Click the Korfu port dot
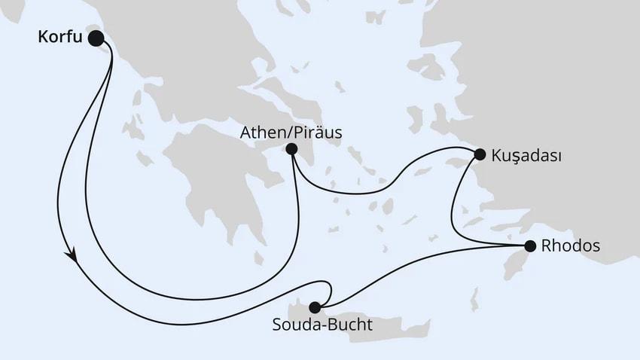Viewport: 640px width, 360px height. tap(96, 38)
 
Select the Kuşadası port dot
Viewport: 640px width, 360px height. tap(479, 155)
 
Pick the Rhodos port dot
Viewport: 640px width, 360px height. tap(530, 246)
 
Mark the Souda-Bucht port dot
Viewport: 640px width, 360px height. tap(315, 307)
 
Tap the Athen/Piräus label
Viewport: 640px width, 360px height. tap(291, 133)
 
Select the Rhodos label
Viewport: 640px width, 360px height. tap(571, 246)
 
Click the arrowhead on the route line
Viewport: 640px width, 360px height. tap(73, 256)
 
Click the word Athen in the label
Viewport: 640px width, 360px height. tap(261, 133)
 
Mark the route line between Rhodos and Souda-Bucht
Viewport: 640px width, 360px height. tap(422, 264)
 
